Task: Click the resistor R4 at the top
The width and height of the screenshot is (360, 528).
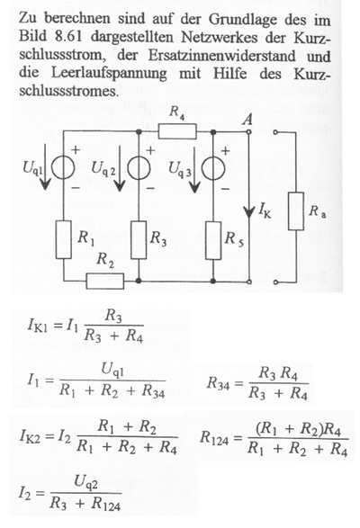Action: pyautogui.click(x=177, y=131)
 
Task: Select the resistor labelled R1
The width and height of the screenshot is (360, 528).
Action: pyautogui.click(x=63, y=240)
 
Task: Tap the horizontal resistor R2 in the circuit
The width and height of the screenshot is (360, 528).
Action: pyautogui.click(x=104, y=282)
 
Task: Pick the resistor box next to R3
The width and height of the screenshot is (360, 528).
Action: pyautogui.click(x=139, y=240)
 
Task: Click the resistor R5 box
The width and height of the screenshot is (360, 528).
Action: pyautogui.click(x=213, y=240)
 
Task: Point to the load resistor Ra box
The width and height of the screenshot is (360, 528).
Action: pyautogui.click(x=296, y=211)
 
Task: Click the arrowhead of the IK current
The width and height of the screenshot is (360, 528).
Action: pyautogui.click(x=248, y=213)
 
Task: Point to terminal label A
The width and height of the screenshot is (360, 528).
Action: pyautogui.click(x=247, y=119)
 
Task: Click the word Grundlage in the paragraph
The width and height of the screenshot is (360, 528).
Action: pyautogui.click(x=243, y=20)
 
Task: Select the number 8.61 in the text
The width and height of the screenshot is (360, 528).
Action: pyautogui.click(x=67, y=37)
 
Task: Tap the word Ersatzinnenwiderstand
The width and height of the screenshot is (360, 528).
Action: pyautogui.click(x=221, y=55)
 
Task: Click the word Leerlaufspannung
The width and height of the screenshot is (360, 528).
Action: pyautogui.click(x=109, y=74)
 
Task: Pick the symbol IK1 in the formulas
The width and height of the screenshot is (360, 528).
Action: pyautogui.click(x=38, y=326)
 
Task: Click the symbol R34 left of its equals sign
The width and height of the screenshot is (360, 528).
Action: pyautogui.click(x=219, y=383)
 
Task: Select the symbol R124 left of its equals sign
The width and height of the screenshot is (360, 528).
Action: pyautogui.click(x=214, y=438)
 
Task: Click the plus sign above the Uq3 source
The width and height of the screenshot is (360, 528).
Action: pyautogui.click(x=225, y=151)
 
